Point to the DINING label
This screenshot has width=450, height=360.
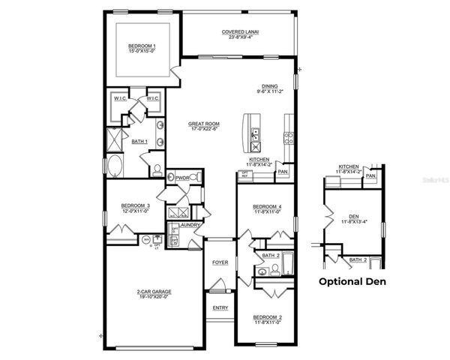[x=270, y=86]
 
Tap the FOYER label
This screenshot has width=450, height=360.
[x=220, y=262]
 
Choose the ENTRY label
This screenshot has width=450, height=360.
[x=220, y=307]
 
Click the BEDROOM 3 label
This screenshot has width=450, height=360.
[x=136, y=205]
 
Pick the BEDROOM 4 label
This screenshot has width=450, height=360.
[x=267, y=206]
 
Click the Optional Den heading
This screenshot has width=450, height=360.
[x=352, y=282]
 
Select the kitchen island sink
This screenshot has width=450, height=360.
[x=255, y=135]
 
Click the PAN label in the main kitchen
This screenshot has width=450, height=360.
[x=282, y=172]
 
